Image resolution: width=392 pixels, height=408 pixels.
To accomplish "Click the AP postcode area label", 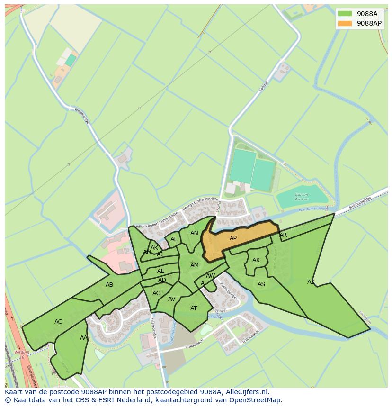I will pyautogui.click(x=233, y=238).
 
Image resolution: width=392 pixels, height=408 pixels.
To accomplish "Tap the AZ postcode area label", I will pyautogui.click(x=311, y=282).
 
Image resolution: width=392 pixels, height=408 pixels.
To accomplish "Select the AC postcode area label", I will pyautogui.click(x=58, y=322).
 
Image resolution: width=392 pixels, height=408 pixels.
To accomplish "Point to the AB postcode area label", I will pyautogui.click(x=109, y=285).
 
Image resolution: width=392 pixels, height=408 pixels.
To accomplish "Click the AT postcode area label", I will pyautogui.click(x=194, y=308).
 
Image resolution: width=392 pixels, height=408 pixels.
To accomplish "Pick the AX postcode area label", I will pyautogui.click(x=256, y=260).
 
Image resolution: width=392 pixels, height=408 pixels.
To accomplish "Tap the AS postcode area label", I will pyautogui.click(x=261, y=284).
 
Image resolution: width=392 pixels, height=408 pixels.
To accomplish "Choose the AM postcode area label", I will pyautogui.click(x=195, y=265).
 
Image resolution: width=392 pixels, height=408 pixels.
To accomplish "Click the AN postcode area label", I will pyautogui.click(x=194, y=233).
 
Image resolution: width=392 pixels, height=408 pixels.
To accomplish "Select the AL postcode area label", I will pyautogui.click(x=174, y=239).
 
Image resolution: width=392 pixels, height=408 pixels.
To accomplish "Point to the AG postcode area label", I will pyautogui.click(x=157, y=293).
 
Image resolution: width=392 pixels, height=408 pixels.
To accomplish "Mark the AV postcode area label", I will pyautogui.click(x=172, y=299).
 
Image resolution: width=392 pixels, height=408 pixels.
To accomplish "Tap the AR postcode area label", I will pyautogui.click(x=283, y=235).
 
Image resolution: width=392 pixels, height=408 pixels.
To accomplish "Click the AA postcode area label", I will pyautogui.click(x=84, y=338).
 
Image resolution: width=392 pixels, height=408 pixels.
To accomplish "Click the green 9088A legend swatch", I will pyautogui.click(x=345, y=14).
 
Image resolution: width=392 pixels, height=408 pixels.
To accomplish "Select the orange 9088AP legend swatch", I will pyautogui.click(x=345, y=23).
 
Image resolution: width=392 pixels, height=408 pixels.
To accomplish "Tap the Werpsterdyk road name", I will pyautogui.click(x=82, y=116).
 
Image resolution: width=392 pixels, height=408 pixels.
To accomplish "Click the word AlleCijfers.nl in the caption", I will pyautogui.click(x=246, y=392).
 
